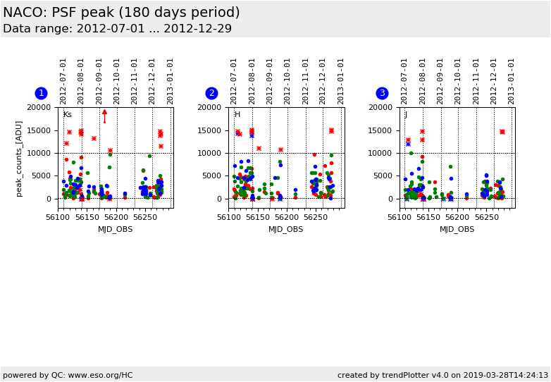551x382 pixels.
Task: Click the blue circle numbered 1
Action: click(41, 93)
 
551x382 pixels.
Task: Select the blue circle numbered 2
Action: click(211, 93)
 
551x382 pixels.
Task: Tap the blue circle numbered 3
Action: click(382, 93)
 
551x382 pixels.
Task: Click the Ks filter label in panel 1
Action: click(68, 115)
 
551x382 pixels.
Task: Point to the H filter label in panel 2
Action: click(237, 115)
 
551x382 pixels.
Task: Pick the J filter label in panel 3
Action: click(406, 115)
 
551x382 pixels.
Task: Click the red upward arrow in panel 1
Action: click(104, 114)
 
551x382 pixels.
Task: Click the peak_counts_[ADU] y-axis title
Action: click(19, 158)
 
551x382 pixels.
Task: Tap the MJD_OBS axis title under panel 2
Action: click(286, 229)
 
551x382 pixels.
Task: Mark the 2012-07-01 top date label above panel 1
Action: click(63, 81)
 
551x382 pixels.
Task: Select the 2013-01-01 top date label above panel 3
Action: click(512, 81)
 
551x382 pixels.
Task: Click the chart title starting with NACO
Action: click(121, 13)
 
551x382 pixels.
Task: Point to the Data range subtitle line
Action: click(117, 29)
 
